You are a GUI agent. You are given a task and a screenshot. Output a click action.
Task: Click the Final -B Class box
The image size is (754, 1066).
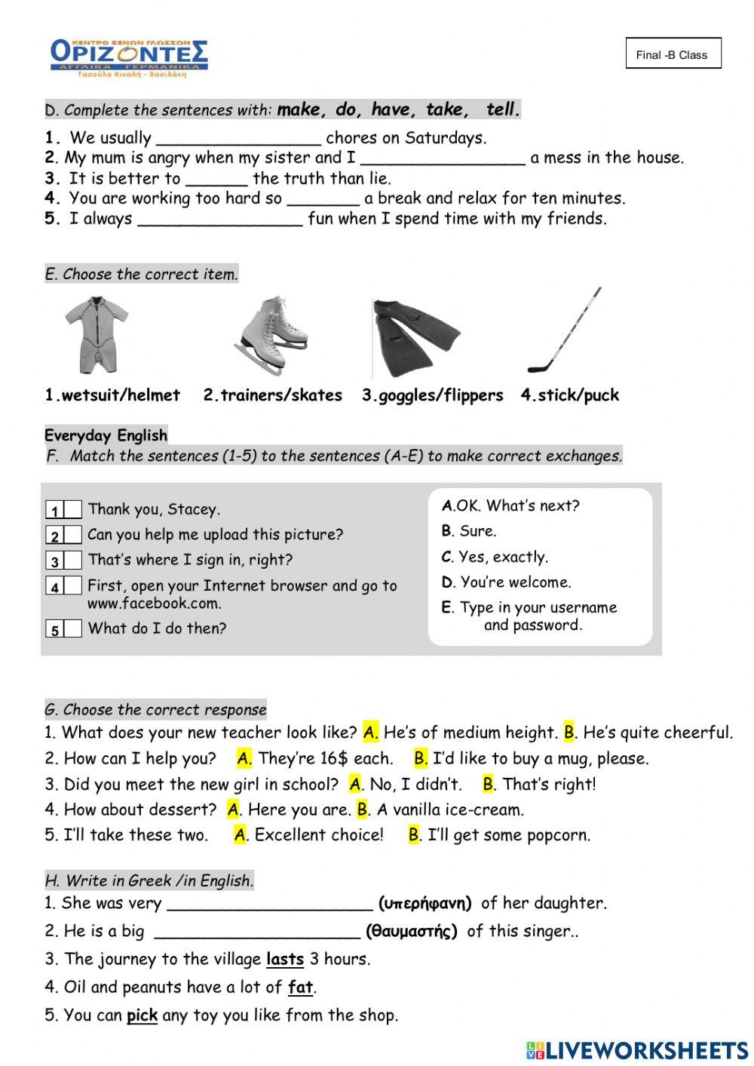(x=673, y=54)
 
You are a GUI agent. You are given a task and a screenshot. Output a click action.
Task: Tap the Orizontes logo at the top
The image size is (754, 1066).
(x=128, y=57)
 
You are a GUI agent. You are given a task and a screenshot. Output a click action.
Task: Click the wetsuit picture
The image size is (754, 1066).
(x=96, y=334)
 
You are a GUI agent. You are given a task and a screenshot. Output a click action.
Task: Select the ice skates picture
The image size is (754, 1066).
(x=271, y=335)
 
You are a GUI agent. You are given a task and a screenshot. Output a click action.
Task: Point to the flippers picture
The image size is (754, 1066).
(x=415, y=338)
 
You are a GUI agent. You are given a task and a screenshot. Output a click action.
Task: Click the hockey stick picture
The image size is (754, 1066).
(x=565, y=330)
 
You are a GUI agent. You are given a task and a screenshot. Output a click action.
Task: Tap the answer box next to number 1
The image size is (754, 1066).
(x=73, y=510)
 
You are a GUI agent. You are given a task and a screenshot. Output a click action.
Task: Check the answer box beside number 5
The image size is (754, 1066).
(x=73, y=629)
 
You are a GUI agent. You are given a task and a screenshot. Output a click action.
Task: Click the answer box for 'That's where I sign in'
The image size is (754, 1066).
(x=73, y=561)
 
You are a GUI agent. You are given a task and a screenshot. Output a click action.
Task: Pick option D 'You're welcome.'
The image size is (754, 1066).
(x=507, y=582)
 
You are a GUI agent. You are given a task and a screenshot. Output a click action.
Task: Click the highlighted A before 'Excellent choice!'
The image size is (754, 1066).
(x=241, y=835)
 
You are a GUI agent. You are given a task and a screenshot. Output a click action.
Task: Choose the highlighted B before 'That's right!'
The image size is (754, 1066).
(x=489, y=785)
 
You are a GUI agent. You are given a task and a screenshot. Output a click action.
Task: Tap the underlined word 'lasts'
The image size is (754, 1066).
(x=285, y=960)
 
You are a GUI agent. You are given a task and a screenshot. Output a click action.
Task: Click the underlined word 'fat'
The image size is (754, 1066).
(x=300, y=988)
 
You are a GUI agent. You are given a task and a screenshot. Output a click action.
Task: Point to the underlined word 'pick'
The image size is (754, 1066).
(x=142, y=1015)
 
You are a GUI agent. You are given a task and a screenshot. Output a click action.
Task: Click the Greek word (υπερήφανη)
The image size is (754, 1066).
(x=425, y=903)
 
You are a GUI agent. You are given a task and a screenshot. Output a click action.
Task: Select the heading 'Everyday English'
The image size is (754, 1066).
(x=106, y=435)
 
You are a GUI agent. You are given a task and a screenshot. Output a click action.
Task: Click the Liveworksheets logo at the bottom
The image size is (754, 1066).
(x=637, y=1050)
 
